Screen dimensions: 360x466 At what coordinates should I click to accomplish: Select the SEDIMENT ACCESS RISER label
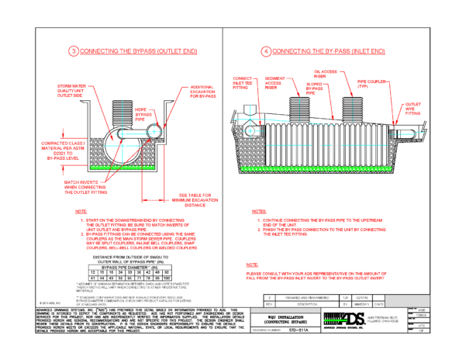[278, 84]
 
